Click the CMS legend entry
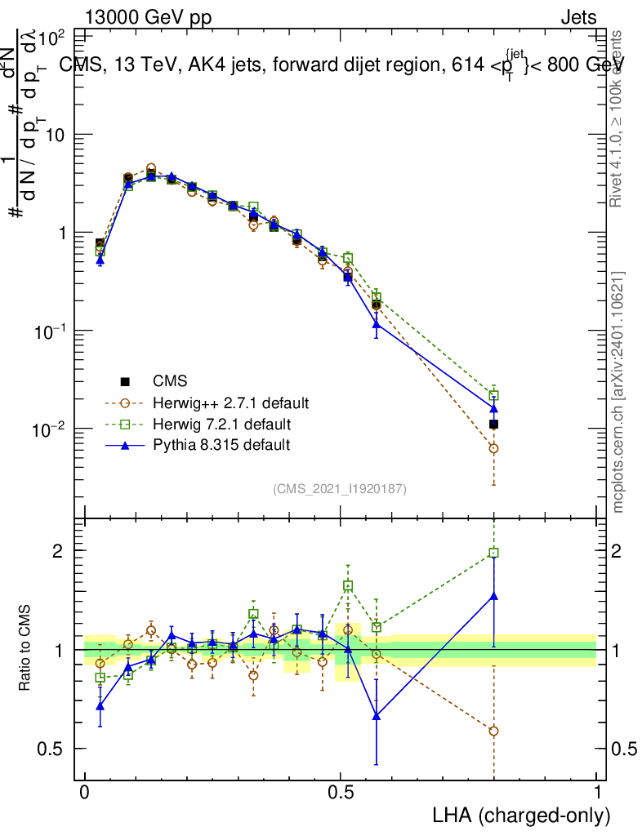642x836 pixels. click(170, 381)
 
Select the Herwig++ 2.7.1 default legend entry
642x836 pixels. click(230, 402)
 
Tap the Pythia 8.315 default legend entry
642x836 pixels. click(221, 445)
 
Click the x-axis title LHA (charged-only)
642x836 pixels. click(519, 815)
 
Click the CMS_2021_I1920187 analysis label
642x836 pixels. click(340, 488)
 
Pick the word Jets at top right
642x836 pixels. click(578, 18)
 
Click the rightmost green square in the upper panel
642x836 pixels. click(493, 395)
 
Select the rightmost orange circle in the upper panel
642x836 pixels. click(493, 448)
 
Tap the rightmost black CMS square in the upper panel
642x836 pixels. click(493, 424)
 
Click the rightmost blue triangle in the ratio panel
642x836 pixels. click(493, 596)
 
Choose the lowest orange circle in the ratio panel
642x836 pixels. click(493, 731)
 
